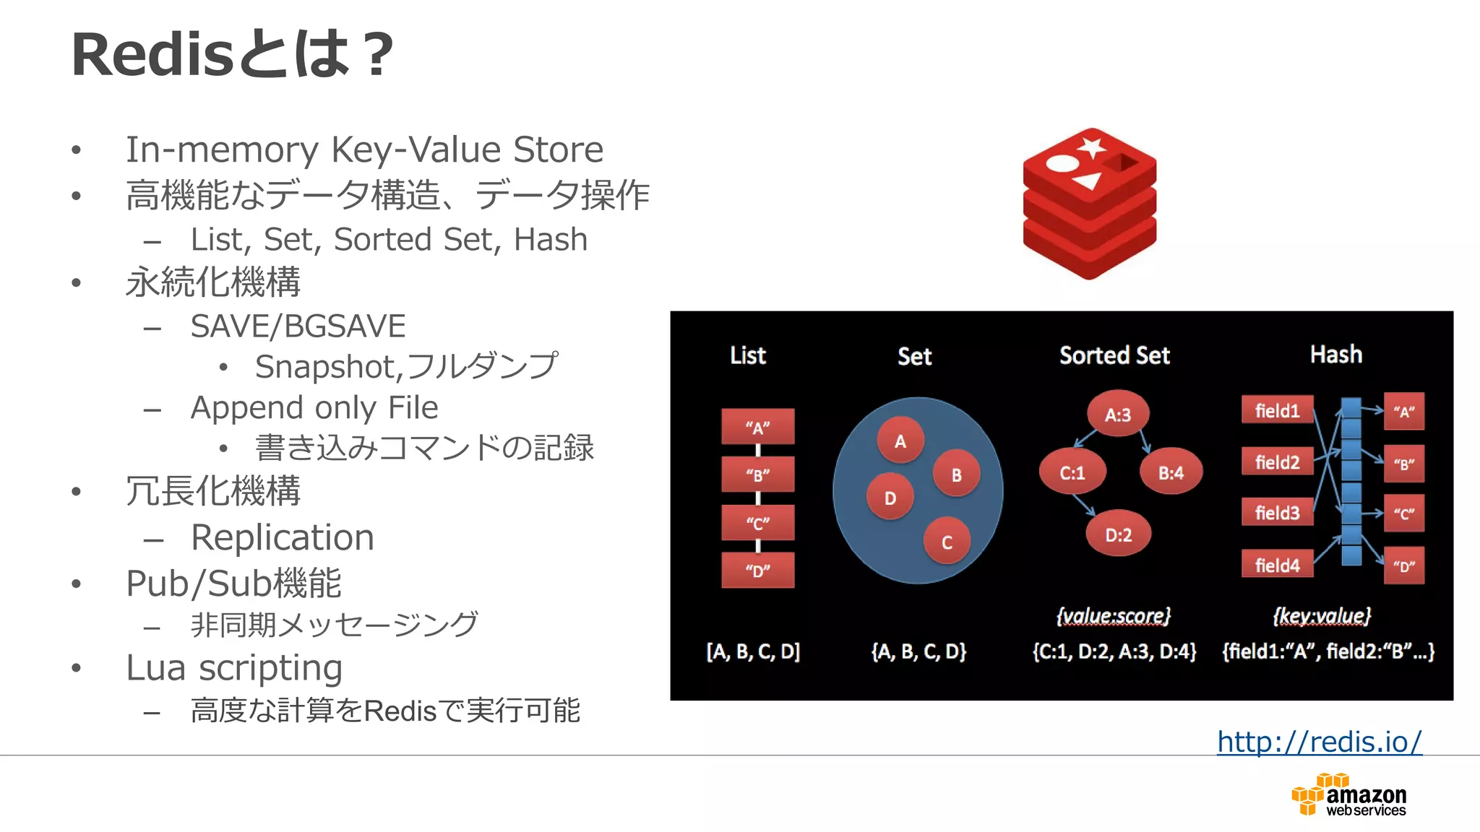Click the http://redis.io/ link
(1319, 742)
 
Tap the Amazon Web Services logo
(1348, 795)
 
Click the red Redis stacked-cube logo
(1089, 204)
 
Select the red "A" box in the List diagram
(757, 427)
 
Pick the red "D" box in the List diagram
(757, 570)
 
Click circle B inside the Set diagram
(956, 474)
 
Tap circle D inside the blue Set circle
(890, 498)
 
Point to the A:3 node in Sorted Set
(1117, 415)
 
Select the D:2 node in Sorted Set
(1118, 535)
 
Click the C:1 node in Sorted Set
(1072, 473)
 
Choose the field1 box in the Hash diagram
(1277, 410)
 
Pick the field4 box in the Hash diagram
(1277, 565)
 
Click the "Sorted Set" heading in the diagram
(1114, 355)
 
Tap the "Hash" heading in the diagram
(1335, 355)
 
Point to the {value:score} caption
(1113, 615)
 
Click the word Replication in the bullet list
(283, 537)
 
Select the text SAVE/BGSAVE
(298, 326)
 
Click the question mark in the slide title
(378, 55)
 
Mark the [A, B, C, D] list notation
(753, 651)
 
